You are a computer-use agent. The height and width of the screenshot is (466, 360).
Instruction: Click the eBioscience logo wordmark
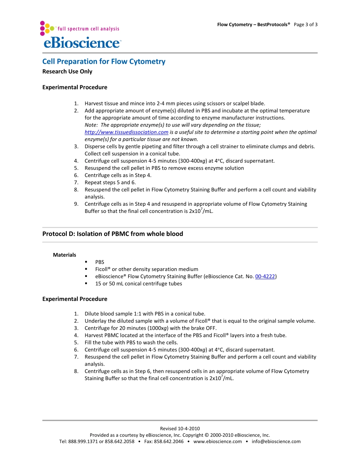82,42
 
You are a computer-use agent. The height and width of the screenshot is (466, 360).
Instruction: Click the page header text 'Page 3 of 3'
305,25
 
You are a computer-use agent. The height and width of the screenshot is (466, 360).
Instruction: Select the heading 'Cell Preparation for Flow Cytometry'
103,61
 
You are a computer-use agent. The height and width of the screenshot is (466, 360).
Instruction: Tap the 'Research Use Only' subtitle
67,72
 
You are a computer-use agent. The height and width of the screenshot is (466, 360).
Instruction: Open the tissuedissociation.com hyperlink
126,132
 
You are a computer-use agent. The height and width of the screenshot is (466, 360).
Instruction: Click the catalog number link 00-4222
265,277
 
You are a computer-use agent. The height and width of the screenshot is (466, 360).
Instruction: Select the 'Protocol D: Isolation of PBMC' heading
113,234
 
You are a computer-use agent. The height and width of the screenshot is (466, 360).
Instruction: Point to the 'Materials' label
64,255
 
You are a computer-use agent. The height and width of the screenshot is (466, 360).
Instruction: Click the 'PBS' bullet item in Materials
100,262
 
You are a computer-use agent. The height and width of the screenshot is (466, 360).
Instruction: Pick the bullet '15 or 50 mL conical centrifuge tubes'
138,284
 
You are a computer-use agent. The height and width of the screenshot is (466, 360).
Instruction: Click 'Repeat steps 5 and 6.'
110,183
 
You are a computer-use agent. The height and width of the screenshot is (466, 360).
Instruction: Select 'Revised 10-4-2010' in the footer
180,428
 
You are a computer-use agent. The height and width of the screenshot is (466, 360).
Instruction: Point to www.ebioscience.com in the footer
218,441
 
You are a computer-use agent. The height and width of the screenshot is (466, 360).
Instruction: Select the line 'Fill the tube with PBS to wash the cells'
131,342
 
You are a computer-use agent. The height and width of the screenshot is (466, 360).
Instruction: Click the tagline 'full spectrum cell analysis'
88,29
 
